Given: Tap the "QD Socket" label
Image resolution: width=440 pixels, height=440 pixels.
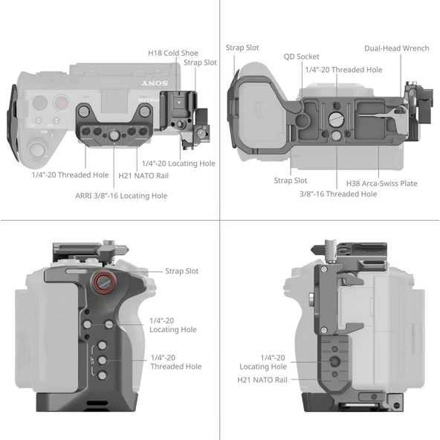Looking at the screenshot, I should click(302, 56).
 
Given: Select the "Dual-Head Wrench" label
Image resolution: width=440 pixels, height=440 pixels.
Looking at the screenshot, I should click(396, 48).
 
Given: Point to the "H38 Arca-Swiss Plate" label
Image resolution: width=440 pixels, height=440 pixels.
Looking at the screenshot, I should click(381, 183).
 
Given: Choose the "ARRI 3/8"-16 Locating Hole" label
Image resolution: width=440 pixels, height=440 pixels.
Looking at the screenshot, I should click(120, 195).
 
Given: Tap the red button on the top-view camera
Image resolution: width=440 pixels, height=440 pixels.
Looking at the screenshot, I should click(64, 103).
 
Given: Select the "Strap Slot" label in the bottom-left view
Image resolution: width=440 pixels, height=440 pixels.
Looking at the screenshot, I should click(181, 271).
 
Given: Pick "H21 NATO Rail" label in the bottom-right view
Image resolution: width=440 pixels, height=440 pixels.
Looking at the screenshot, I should click(262, 381).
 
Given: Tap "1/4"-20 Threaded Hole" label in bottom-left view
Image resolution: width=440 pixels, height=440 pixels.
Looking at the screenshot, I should click(175, 362).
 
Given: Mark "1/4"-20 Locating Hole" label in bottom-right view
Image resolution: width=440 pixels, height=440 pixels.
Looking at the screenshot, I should click(262, 362).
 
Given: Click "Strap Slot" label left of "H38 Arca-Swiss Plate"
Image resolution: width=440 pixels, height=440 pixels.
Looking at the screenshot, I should click(290, 180).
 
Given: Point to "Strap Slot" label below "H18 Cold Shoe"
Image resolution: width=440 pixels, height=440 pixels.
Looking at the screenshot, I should click(200, 62).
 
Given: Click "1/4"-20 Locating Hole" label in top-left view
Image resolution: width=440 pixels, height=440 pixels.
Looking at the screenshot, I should click(178, 163).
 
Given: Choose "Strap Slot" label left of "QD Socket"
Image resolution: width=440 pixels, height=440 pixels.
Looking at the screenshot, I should click(242, 48).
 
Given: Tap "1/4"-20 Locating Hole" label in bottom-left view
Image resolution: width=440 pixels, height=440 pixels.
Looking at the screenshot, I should click(173, 324).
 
